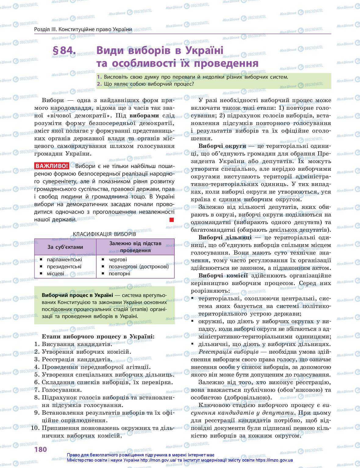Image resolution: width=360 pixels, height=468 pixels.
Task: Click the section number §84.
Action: (64, 51)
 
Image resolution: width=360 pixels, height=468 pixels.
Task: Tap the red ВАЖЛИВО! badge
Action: (52, 166)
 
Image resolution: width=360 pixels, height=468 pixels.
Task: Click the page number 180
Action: (40, 449)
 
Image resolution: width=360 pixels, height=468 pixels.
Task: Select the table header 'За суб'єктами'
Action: (65, 247)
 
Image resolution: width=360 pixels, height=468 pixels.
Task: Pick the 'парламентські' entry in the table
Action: (64, 260)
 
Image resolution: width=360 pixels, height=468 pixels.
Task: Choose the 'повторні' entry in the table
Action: (119, 273)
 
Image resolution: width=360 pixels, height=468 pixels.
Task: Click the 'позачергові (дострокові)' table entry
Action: (139, 266)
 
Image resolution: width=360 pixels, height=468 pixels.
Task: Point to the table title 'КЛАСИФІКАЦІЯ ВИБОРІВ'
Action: (104, 234)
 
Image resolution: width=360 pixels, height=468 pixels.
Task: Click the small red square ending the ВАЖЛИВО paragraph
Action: (172, 220)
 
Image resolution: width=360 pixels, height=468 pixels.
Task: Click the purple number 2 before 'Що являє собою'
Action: (99, 84)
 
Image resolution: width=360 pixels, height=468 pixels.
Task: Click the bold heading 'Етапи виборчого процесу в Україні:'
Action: (98, 337)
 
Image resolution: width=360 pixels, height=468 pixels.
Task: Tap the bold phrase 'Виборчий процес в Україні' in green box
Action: (77, 295)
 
